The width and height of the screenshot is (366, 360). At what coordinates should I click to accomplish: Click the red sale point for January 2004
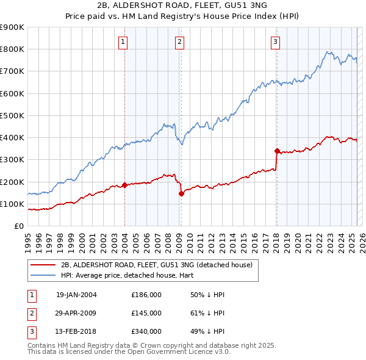click(x=124, y=185)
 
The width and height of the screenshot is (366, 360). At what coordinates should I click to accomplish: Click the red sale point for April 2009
click(x=181, y=194)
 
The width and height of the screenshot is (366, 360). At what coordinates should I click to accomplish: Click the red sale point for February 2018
click(x=276, y=151)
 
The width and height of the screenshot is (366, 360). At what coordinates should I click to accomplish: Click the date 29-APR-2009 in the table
click(x=76, y=313)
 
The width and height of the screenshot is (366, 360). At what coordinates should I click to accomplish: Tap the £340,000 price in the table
click(x=146, y=332)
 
